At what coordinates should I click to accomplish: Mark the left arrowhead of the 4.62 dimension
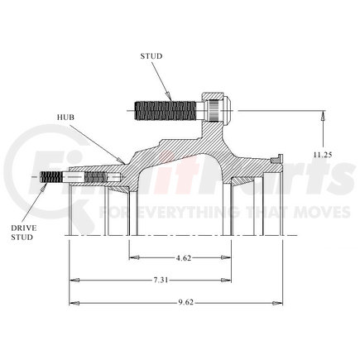[x=132, y=258]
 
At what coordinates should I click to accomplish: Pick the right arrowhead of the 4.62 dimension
[x=229, y=258]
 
